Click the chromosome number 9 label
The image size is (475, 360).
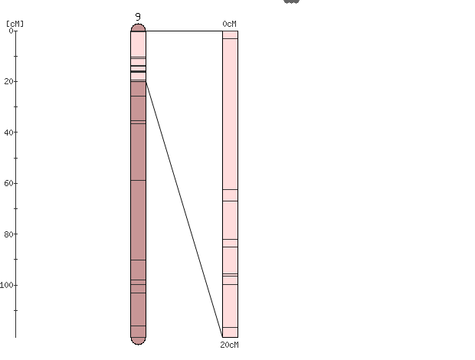point(138,17)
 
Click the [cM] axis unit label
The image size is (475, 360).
point(15,24)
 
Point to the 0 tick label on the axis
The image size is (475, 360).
point(11,31)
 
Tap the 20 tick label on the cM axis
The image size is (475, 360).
point(8,81)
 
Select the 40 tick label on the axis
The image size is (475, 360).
point(8,132)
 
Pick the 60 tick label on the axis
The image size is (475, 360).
point(8,183)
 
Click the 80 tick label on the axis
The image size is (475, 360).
point(8,234)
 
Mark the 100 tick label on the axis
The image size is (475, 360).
point(7,285)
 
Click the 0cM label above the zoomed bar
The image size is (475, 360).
point(229,24)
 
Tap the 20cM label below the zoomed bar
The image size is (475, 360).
point(229,345)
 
